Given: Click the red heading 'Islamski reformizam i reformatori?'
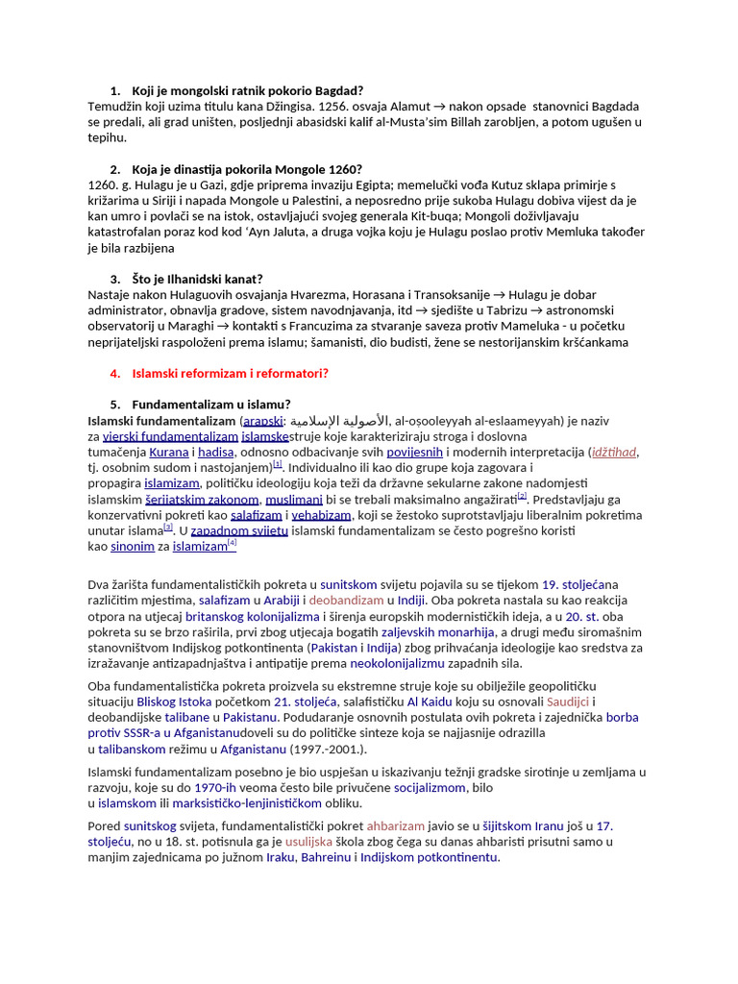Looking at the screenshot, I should [230, 373].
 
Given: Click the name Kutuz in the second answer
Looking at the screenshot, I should [472, 184].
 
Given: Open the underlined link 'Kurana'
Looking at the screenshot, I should [169, 453].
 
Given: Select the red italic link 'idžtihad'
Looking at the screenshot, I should [615, 453].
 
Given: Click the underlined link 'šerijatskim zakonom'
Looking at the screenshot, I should [202, 500].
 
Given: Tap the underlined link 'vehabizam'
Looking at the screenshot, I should [322, 515].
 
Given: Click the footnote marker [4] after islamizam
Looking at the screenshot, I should [232, 544].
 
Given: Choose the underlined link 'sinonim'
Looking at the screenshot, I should [133, 547].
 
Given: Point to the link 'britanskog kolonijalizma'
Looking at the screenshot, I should [253, 616].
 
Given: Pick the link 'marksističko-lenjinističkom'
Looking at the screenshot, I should [255, 803].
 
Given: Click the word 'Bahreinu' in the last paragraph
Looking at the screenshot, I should [327, 857].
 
